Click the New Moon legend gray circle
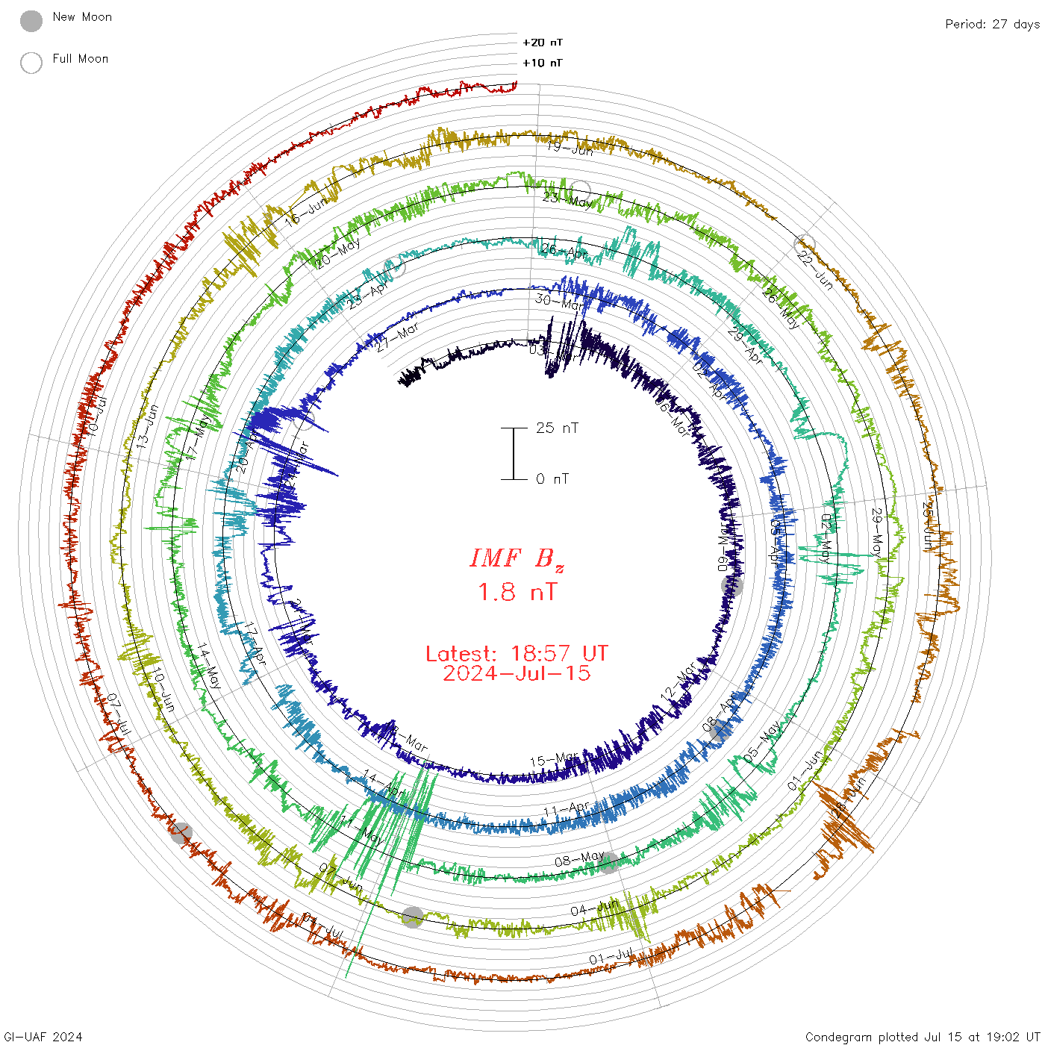coord(31,22)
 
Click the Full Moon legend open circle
coord(31,63)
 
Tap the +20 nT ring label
coord(543,43)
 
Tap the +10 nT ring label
coord(543,63)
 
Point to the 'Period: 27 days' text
coord(992,24)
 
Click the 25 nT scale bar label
coord(557,428)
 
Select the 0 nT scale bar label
coord(552,478)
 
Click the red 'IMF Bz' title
coord(517,558)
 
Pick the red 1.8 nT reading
coord(517,593)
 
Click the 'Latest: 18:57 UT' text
coord(517,654)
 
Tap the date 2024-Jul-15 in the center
coord(517,673)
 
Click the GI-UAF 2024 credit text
coord(42,1037)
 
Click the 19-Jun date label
coord(570,149)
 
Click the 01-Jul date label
coord(611,956)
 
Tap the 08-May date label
coord(579,859)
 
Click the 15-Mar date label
coord(553,759)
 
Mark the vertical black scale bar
coord(514,453)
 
